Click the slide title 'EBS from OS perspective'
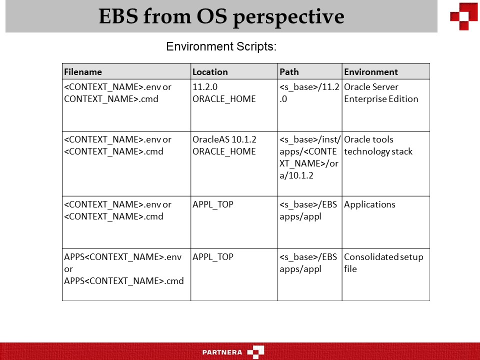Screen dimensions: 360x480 [x=221, y=16]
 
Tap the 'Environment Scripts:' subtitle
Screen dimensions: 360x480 [x=221, y=47]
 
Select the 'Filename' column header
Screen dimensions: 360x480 [x=83, y=71]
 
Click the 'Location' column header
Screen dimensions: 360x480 [x=210, y=71]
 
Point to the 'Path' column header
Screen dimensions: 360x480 [x=289, y=71]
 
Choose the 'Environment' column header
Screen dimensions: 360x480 [x=371, y=71]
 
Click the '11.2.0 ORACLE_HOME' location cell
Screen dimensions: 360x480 [x=224, y=93]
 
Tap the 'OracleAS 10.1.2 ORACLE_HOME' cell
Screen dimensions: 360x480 [x=224, y=145]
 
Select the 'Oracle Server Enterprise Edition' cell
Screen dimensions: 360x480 [x=381, y=93]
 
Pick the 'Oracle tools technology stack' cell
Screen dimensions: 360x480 [x=378, y=145]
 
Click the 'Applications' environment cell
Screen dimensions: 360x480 [x=369, y=204]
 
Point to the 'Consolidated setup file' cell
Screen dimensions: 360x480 [x=383, y=263]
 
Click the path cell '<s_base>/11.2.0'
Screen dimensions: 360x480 [x=309, y=93]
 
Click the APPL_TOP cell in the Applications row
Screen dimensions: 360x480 [x=213, y=204]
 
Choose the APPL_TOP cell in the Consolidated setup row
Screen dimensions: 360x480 [x=213, y=257]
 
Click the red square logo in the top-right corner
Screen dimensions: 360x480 [x=463, y=16]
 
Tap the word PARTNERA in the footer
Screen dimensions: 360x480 [x=222, y=352]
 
